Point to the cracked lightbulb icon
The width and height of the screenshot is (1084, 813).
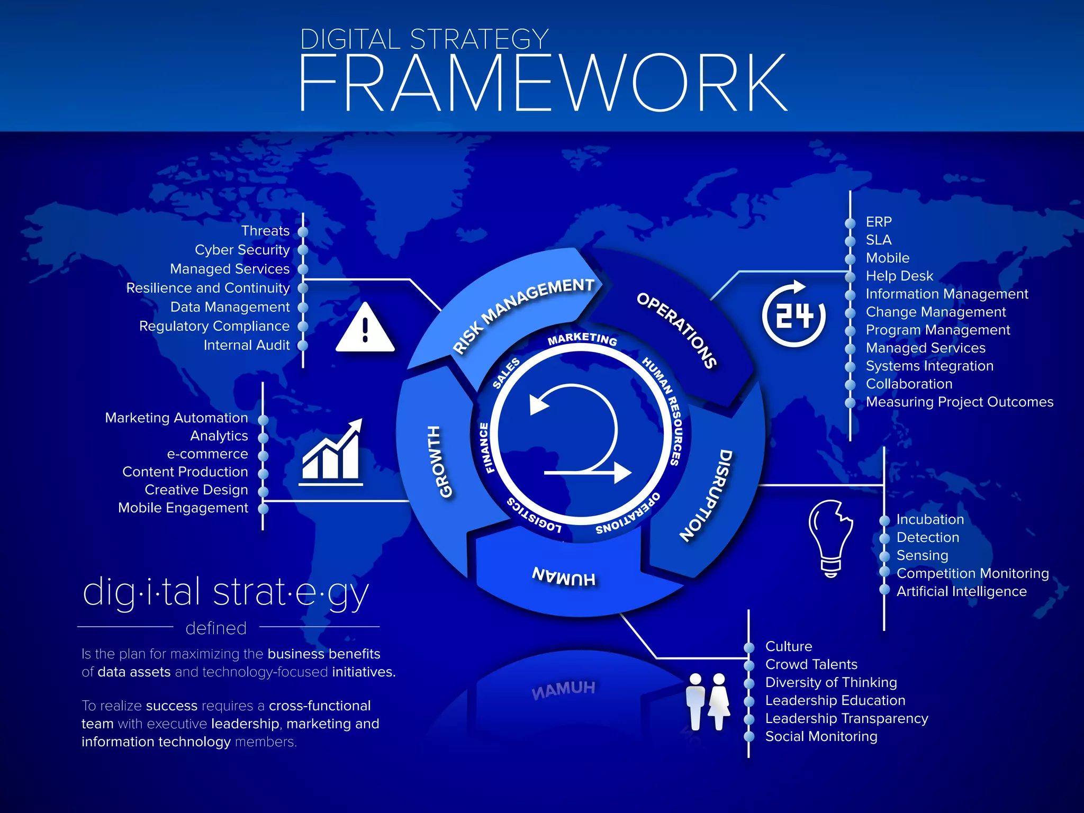[830, 538]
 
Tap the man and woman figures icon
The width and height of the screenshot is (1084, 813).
[708, 702]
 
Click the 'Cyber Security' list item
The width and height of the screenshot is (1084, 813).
[242, 250]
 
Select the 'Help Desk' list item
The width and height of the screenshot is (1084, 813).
[899, 276]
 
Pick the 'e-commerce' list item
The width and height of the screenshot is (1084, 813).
[207, 454]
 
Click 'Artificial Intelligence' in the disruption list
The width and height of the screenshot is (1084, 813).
[961, 591]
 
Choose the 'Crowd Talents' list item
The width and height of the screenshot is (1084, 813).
[811, 664]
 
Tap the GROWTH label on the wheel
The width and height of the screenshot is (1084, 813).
[440, 461]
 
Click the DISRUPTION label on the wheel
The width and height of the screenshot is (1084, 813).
[707, 495]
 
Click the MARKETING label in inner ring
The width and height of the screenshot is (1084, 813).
[582, 339]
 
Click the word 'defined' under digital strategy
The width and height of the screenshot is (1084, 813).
[216, 628]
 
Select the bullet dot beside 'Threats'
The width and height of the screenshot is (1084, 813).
[303, 232]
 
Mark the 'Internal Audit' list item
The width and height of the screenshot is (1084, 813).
[247, 345]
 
